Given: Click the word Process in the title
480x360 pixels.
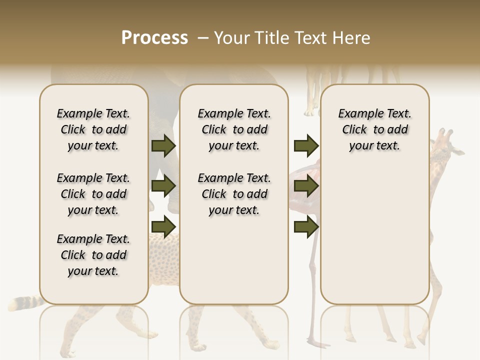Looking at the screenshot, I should [x=154, y=38].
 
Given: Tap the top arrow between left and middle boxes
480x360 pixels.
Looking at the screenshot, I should [x=163, y=145].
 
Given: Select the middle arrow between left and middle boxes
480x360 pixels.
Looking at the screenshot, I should [x=163, y=186].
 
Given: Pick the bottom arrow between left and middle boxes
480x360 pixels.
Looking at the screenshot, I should [x=163, y=226].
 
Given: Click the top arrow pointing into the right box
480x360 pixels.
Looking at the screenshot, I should [x=306, y=145].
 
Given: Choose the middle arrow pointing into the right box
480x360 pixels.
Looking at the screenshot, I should [x=306, y=186].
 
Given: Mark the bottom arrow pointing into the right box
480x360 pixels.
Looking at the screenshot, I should [x=306, y=226].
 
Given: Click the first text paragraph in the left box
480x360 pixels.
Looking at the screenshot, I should [x=93, y=129].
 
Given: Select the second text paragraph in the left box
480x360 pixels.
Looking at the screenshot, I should [x=93, y=194].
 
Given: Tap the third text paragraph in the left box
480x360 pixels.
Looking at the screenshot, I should [x=93, y=255].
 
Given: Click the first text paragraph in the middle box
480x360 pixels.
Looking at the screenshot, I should [x=234, y=129].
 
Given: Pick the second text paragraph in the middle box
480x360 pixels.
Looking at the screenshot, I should [x=234, y=194].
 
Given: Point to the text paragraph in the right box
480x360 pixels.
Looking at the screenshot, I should [x=374, y=129].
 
